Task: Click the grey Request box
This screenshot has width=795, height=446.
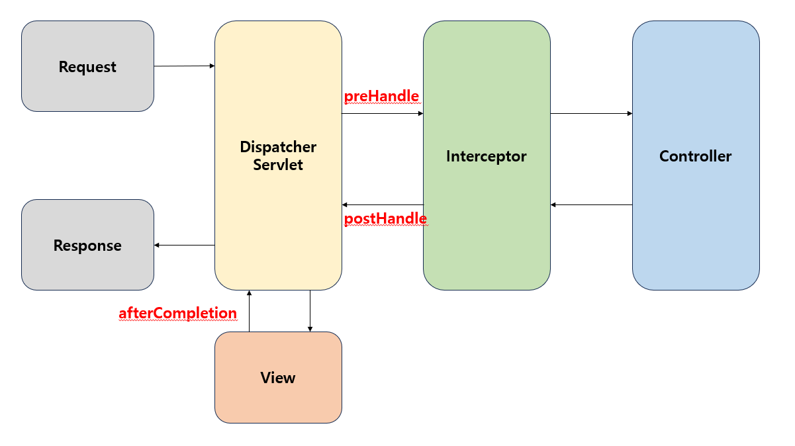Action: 87,66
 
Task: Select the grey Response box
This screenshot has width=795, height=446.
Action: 87,245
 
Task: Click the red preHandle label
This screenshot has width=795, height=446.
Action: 381,97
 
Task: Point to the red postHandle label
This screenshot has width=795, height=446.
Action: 385,218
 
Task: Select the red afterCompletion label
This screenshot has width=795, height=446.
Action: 177,313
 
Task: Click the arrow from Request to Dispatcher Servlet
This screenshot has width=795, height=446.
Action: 184,66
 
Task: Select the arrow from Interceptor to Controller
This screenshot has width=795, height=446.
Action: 591,114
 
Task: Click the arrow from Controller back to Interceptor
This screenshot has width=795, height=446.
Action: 591,205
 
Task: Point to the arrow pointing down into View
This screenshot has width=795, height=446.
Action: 310,311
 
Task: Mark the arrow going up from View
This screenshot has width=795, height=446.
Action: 249,311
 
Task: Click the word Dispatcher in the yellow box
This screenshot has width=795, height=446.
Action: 278,147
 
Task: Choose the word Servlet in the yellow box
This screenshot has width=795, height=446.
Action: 278,164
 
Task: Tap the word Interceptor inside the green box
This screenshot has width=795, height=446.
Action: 487,157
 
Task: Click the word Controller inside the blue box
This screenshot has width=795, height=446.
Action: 696,157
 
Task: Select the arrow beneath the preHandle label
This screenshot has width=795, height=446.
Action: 382,114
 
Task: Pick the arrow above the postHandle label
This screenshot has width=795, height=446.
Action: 382,205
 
